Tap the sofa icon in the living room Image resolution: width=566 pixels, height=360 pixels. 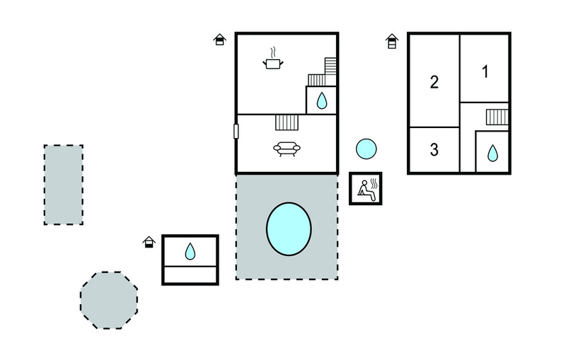tap(287, 149)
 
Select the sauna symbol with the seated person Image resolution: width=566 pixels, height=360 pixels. tap(366, 188)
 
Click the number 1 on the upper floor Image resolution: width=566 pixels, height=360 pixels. tap(485, 71)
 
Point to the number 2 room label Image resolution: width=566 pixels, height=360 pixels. tap(434, 82)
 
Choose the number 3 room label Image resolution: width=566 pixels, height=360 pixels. tap(434, 150)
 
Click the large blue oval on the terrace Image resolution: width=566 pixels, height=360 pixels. tap(289, 228)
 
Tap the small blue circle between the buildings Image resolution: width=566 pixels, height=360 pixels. tap(366, 149)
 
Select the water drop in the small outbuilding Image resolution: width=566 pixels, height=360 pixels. tap(190, 250)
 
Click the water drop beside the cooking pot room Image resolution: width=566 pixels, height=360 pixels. tap(322, 100)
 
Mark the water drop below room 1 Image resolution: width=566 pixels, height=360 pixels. tap(492, 152)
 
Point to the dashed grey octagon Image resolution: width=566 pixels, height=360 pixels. tap(109, 301)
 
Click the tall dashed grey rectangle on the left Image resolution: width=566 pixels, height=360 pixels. tap(63, 185)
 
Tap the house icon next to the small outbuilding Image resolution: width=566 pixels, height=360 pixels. tap(149, 243)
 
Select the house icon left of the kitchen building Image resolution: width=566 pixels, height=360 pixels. tap(220, 40)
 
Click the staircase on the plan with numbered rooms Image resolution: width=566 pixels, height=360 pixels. tap(497, 117)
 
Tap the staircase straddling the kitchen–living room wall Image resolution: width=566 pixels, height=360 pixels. tap(287, 122)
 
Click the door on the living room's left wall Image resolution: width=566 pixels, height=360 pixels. tap(236, 132)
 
